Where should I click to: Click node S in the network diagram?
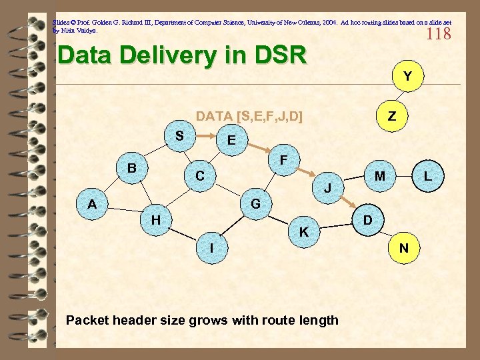point(179,136)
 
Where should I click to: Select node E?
point(231,141)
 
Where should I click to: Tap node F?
point(283,161)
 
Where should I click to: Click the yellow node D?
point(367,219)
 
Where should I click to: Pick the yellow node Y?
point(407,77)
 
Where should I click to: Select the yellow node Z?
point(392,116)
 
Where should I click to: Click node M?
point(380,177)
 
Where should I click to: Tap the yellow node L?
point(428,177)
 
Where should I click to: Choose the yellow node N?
point(403,248)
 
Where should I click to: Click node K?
point(304,232)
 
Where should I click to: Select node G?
point(255,203)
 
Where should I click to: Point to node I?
point(211,248)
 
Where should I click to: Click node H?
point(155,219)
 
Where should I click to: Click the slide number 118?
point(438,33)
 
